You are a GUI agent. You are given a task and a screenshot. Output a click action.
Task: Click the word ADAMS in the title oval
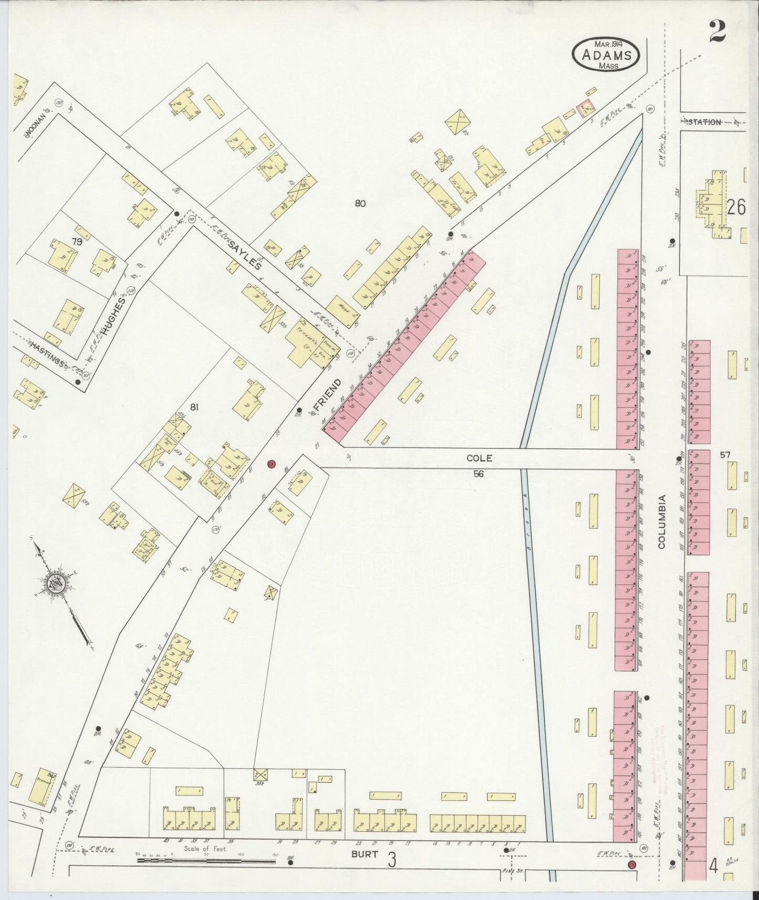click(605, 54)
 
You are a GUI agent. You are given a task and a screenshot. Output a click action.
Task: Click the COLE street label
click(479, 458)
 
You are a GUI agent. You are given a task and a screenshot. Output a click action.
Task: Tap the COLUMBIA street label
click(661, 521)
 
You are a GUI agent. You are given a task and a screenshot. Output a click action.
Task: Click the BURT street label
click(365, 854)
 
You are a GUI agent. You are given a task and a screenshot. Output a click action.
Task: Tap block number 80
click(360, 204)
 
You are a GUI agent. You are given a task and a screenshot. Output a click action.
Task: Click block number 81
click(194, 406)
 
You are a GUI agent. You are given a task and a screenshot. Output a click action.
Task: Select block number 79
click(77, 242)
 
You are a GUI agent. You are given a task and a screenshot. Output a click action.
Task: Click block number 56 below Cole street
click(478, 474)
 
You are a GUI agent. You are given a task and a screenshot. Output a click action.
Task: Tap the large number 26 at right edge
click(736, 208)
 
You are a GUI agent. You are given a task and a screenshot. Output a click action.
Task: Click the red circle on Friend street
click(271, 464)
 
